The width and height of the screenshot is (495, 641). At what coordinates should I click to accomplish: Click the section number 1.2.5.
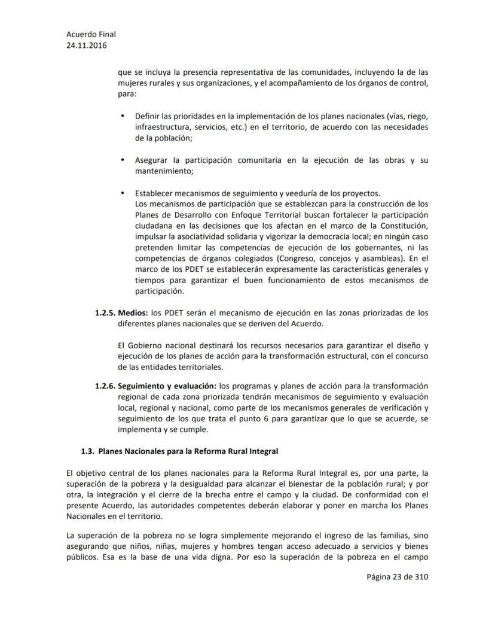click(x=105, y=312)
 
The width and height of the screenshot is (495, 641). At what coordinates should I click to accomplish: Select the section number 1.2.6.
click(x=105, y=386)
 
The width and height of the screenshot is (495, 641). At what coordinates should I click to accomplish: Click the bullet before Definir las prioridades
click(x=123, y=115)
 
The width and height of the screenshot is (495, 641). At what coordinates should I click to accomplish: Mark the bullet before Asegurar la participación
click(x=123, y=160)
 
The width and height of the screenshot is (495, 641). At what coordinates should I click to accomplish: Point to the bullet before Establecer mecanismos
click(x=123, y=193)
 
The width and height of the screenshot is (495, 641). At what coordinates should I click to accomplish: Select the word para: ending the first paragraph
click(x=127, y=94)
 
